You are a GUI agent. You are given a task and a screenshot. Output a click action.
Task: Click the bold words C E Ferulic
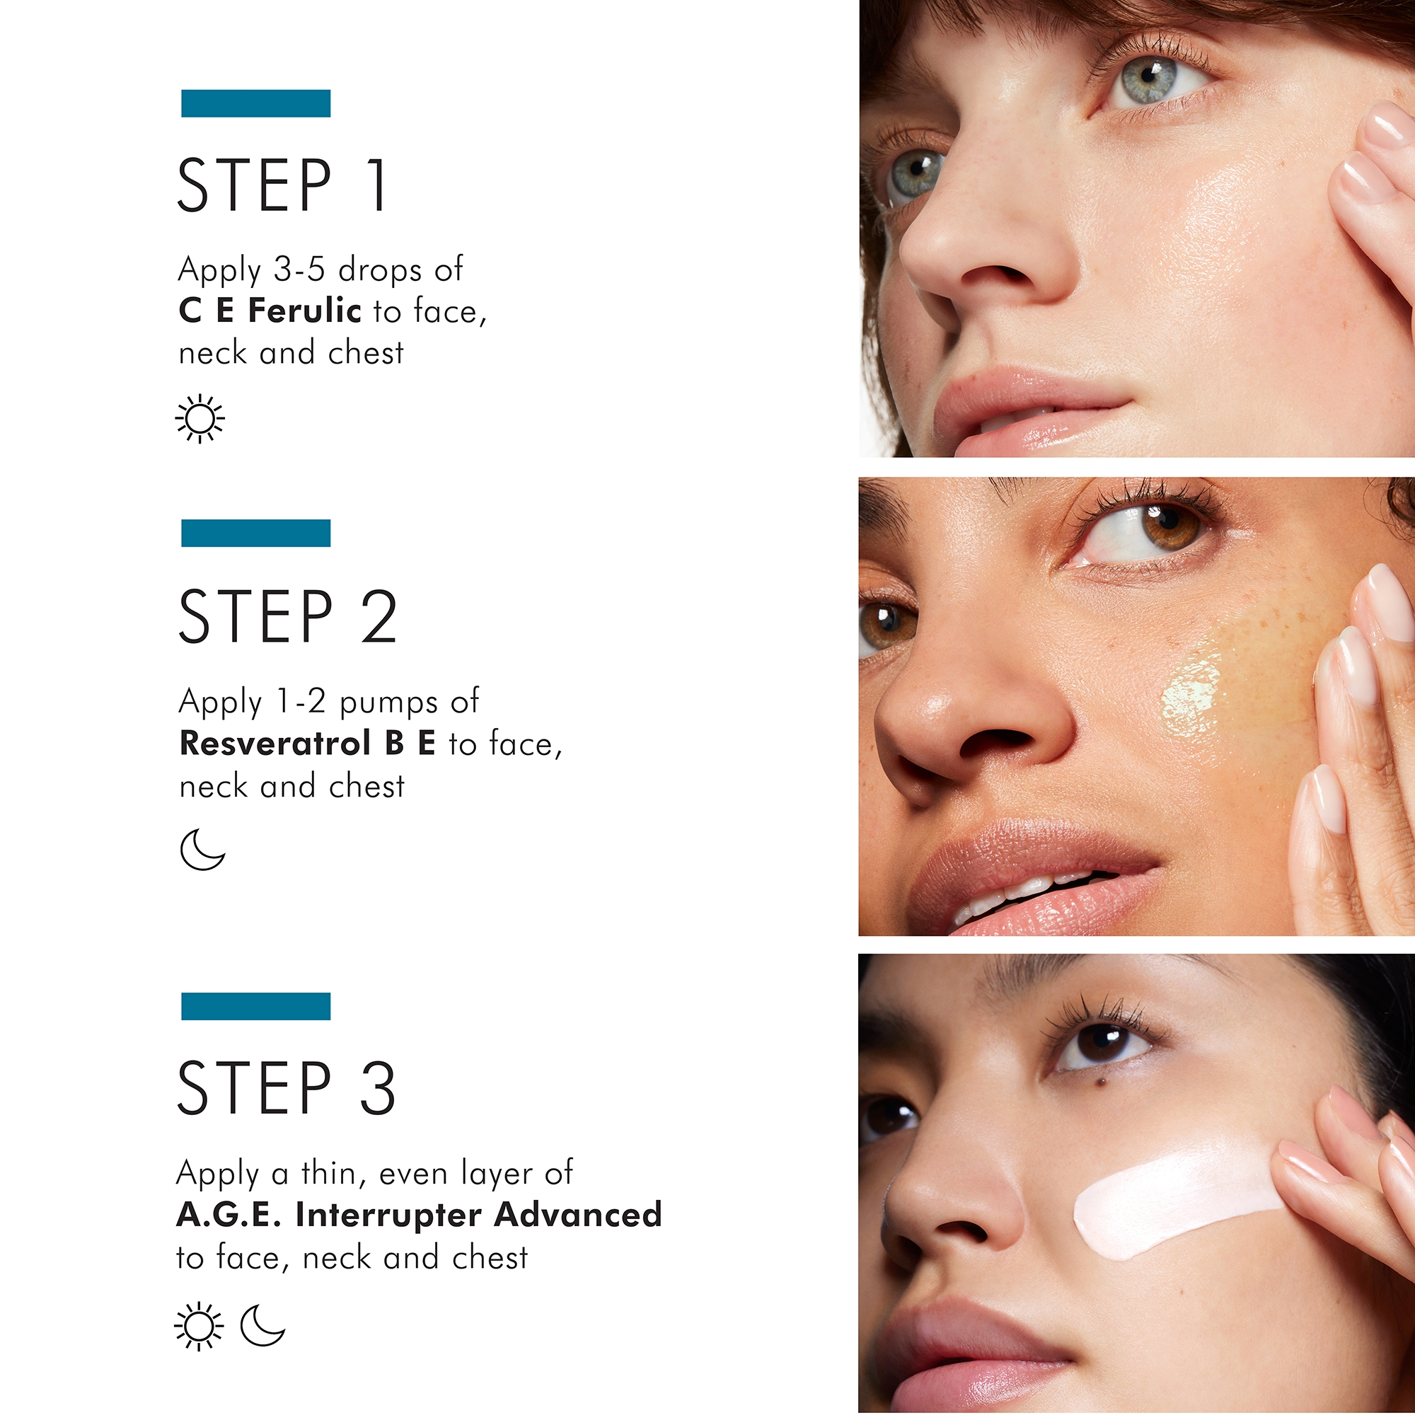pyautogui.click(x=270, y=311)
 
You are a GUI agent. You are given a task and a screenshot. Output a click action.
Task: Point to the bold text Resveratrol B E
pyautogui.click(x=308, y=744)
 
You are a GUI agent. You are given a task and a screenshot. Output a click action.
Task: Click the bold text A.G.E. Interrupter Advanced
pyautogui.click(x=419, y=1215)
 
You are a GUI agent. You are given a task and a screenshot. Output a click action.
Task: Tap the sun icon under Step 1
pyautogui.click(x=200, y=419)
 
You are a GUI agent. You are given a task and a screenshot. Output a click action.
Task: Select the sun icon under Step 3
pyautogui.click(x=199, y=1327)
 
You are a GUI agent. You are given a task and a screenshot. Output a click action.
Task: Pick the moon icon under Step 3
pyautogui.click(x=262, y=1325)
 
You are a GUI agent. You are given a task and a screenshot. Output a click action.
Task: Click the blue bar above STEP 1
pyautogui.click(x=255, y=103)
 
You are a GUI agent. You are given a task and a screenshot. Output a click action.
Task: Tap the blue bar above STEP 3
pyautogui.click(x=255, y=1005)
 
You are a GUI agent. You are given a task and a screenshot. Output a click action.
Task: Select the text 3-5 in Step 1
pyautogui.click(x=299, y=270)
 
